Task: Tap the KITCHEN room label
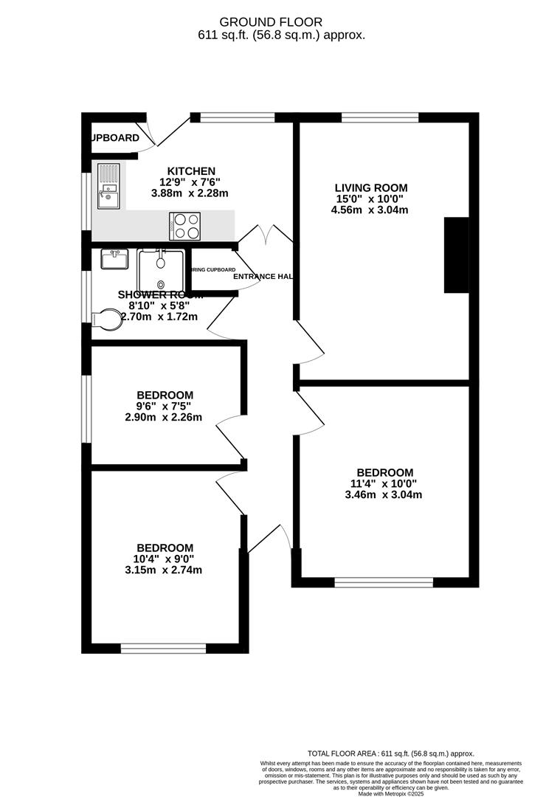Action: click(191, 171)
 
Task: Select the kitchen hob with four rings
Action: click(185, 226)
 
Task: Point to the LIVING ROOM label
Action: click(371, 187)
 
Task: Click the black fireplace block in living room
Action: click(456, 255)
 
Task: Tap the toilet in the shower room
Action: click(106, 320)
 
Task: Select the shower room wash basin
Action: click(114, 261)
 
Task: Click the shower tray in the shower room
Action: click(160, 269)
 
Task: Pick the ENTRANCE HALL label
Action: click(263, 277)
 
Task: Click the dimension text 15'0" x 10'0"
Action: click(371, 199)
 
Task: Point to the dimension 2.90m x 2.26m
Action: click(165, 417)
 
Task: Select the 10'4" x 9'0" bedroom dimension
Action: click(165, 559)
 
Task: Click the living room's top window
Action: click(381, 117)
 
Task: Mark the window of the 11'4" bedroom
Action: click(384, 582)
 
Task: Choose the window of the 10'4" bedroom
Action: click(164, 649)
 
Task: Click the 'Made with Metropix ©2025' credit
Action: click(390, 793)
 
